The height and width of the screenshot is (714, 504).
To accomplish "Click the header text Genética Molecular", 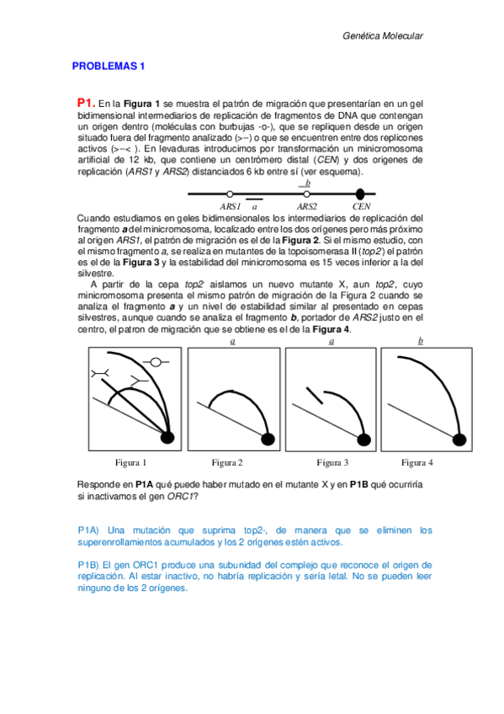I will (383, 36).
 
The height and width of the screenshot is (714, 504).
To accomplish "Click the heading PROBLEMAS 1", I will (109, 66).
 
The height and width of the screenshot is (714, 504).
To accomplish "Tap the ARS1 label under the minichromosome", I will (231, 205).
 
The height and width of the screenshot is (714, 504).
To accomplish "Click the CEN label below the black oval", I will (361, 205).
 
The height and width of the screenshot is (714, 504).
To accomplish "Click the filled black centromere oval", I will (360, 194).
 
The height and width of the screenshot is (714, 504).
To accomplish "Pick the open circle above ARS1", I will (230, 194).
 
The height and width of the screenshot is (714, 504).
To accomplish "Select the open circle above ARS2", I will (306, 194).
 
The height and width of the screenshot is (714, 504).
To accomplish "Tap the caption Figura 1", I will (130, 462).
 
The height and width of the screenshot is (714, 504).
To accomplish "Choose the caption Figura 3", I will (332, 462).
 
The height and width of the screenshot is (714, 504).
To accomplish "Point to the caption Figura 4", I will (417, 462).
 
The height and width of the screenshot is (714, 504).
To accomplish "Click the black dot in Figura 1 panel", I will (167, 437).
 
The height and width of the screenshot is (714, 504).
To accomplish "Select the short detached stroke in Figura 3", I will (312, 397).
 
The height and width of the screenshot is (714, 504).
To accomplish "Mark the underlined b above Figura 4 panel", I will (421, 341).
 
